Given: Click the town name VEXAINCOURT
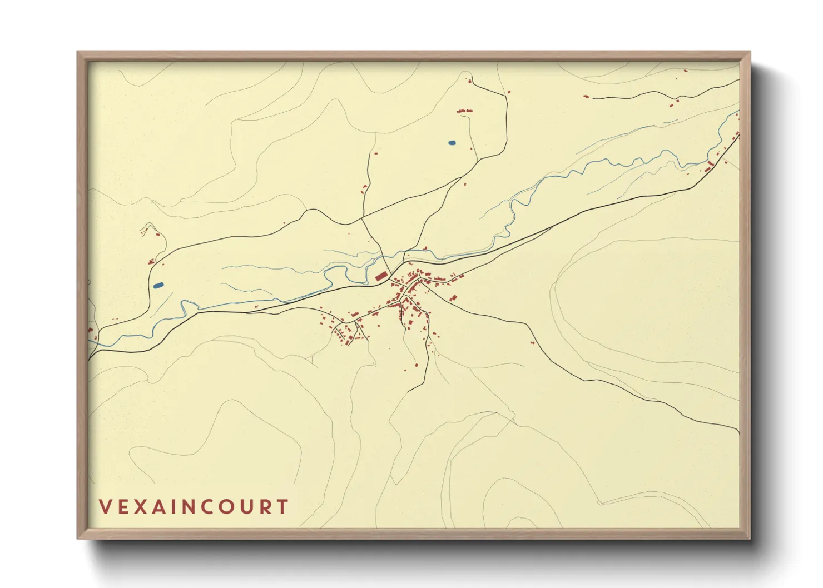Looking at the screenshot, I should (x=194, y=506).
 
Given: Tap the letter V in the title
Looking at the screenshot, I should (x=105, y=506).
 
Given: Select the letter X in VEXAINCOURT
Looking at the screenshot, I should (x=139, y=506).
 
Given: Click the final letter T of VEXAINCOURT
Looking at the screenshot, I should (x=283, y=506).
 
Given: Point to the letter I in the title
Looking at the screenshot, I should (x=171, y=506).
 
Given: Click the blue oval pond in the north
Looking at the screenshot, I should (x=452, y=143).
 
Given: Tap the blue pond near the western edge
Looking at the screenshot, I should (x=158, y=285).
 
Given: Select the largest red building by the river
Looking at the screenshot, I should (x=381, y=276).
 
